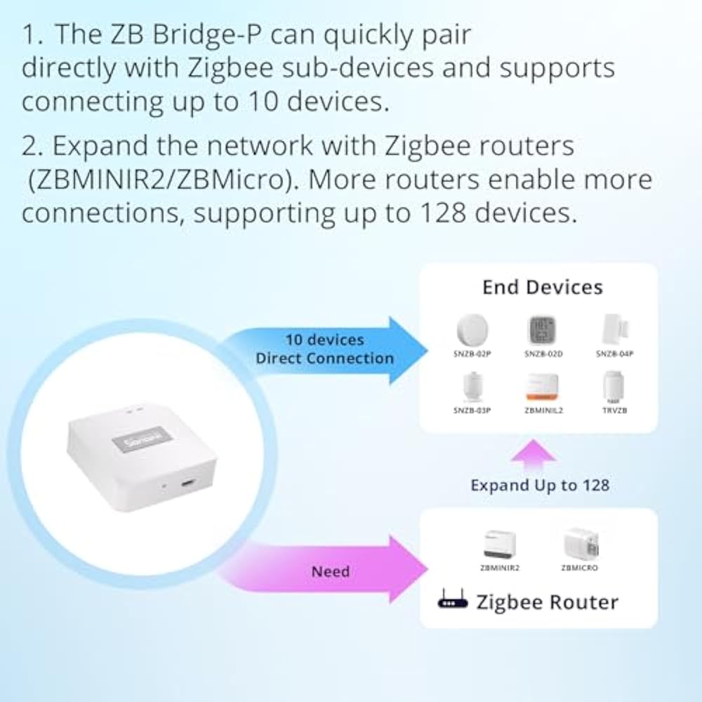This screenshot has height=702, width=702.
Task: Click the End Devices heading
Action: click(542, 287)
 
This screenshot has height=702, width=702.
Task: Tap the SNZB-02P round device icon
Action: click(472, 330)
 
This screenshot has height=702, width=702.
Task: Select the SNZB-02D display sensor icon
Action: click(542, 330)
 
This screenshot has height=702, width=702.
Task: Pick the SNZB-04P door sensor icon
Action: click(614, 329)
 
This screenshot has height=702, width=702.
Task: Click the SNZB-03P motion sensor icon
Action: click(471, 385)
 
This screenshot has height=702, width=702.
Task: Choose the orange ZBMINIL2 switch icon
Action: click(542, 386)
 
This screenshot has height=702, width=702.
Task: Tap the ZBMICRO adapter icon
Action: click(580, 543)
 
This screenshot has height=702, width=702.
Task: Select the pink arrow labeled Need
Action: click(330, 571)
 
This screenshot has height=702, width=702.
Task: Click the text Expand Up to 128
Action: click(540, 485)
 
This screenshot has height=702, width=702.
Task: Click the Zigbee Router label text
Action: click(548, 602)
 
